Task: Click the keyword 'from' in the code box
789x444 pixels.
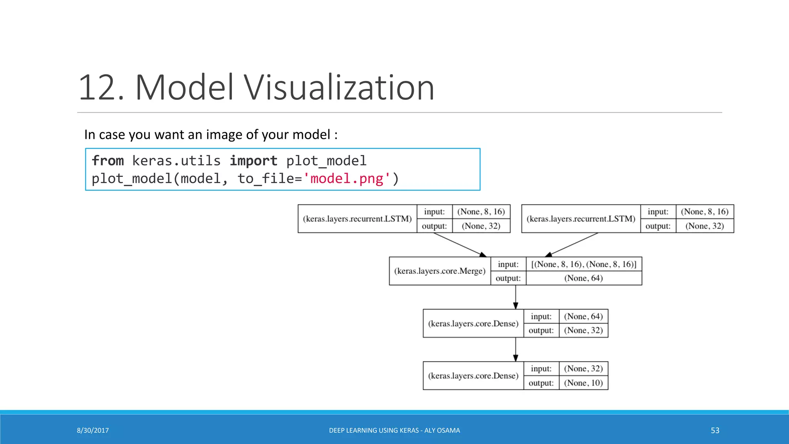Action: [108, 161]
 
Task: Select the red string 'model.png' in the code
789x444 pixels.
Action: [347, 179]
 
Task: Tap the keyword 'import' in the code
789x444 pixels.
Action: [253, 161]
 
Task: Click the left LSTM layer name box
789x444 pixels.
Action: [357, 219]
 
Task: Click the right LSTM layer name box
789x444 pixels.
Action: [581, 219]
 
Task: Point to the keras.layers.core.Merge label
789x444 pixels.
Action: [440, 271]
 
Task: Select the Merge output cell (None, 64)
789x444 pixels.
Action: [583, 278]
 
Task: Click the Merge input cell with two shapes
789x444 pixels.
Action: [583, 264]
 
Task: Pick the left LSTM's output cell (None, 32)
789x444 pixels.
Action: [481, 226]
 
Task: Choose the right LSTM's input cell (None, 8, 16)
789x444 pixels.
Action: [704, 212]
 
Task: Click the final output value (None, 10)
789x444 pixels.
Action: [583, 383]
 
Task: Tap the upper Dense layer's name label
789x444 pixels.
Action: [473, 324]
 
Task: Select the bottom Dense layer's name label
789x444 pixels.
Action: [473, 376]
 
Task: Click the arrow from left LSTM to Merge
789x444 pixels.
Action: [458, 245]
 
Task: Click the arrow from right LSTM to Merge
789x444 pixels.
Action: [572, 245]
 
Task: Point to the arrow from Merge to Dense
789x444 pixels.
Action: [515, 297]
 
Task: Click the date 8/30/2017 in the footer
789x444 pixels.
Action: [93, 431]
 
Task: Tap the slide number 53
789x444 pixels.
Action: [715, 431]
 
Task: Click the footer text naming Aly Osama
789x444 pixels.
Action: [394, 431]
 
